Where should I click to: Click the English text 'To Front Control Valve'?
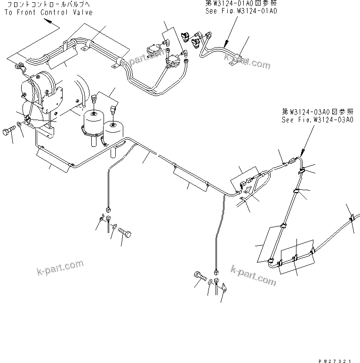point(48,12)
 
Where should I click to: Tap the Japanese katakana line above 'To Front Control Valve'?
point(48,5)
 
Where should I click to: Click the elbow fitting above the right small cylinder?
point(114,109)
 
